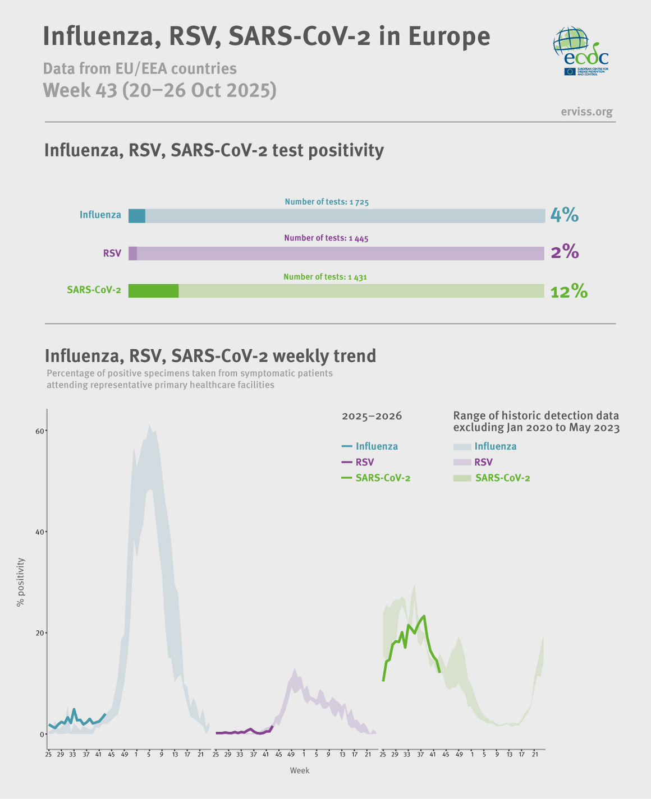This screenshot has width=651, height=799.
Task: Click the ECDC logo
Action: tap(580, 51)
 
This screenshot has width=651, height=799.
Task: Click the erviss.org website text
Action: tap(586, 112)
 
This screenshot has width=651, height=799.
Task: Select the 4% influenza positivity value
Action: tap(564, 215)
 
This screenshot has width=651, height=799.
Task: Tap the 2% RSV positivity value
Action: tap(564, 253)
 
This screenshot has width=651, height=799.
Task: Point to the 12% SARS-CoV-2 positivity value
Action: tap(569, 292)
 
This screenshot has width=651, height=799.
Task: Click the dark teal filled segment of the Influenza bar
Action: tap(137, 216)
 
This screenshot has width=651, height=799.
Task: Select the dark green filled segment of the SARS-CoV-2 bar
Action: tap(153, 291)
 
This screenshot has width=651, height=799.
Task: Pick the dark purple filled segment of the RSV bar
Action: tap(133, 253)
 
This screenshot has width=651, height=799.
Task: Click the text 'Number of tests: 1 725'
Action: tap(327, 202)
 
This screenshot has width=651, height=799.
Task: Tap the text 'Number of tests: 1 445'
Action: tap(326, 238)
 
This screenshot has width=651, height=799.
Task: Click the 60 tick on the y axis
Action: tap(40, 431)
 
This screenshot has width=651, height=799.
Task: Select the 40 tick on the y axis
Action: tap(40, 532)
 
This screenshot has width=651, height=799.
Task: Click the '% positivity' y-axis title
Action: tap(21, 582)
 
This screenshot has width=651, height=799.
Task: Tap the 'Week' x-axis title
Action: tap(299, 771)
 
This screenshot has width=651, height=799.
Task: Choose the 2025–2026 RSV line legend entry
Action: tap(358, 463)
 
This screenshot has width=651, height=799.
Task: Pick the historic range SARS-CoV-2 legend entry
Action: tap(492, 478)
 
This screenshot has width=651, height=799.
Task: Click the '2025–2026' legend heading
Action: tap(372, 417)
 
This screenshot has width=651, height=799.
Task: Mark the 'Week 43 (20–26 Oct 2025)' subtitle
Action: tap(160, 90)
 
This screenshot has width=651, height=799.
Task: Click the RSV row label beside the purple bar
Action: tap(112, 253)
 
